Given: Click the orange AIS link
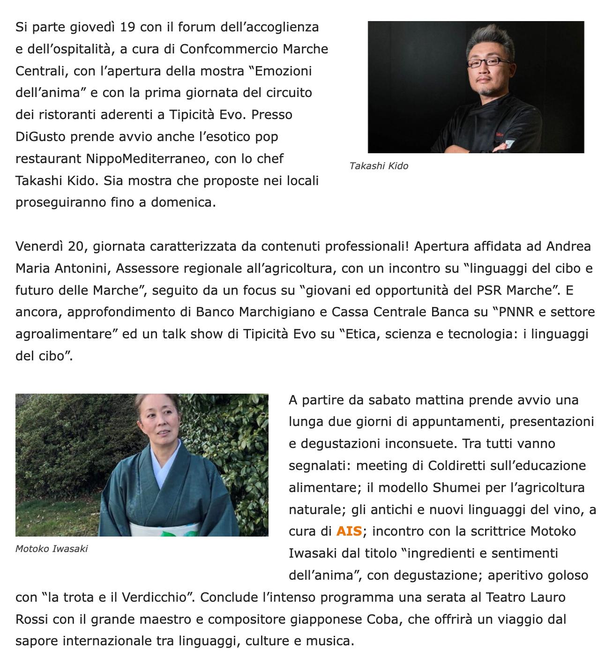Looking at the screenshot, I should coord(349,531).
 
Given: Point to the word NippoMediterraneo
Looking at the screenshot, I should coord(146,159).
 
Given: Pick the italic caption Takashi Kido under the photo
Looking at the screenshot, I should coord(379,166).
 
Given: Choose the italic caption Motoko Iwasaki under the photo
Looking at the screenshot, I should coord(52,549).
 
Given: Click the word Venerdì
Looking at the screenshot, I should coord(39,246).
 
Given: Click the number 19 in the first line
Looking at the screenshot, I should coord(127,27).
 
